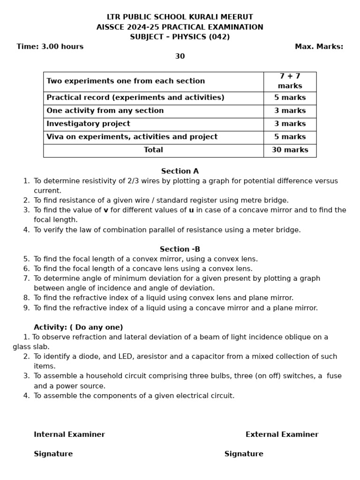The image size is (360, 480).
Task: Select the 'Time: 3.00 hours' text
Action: (50, 46)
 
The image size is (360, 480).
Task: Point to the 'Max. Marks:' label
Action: (319, 46)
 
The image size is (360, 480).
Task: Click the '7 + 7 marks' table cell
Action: (290, 81)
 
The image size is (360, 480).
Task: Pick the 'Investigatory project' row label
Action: (88, 124)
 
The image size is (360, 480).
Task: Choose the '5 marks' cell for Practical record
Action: (290, 97)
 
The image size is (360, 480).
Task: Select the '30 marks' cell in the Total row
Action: (290, 150)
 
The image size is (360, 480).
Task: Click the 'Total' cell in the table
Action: (153, 150)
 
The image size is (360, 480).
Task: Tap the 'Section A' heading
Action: (180, 171)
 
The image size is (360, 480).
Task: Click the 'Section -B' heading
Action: (180, 249)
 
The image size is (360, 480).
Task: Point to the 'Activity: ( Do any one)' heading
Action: (78, 327)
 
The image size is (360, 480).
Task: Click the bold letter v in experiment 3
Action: (106, 210)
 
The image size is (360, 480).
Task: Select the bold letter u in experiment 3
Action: (191, 210)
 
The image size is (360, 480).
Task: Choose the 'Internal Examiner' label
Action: (69, 435)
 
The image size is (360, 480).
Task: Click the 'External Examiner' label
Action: (282, 435)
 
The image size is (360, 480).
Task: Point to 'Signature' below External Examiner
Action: (244, 454)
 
